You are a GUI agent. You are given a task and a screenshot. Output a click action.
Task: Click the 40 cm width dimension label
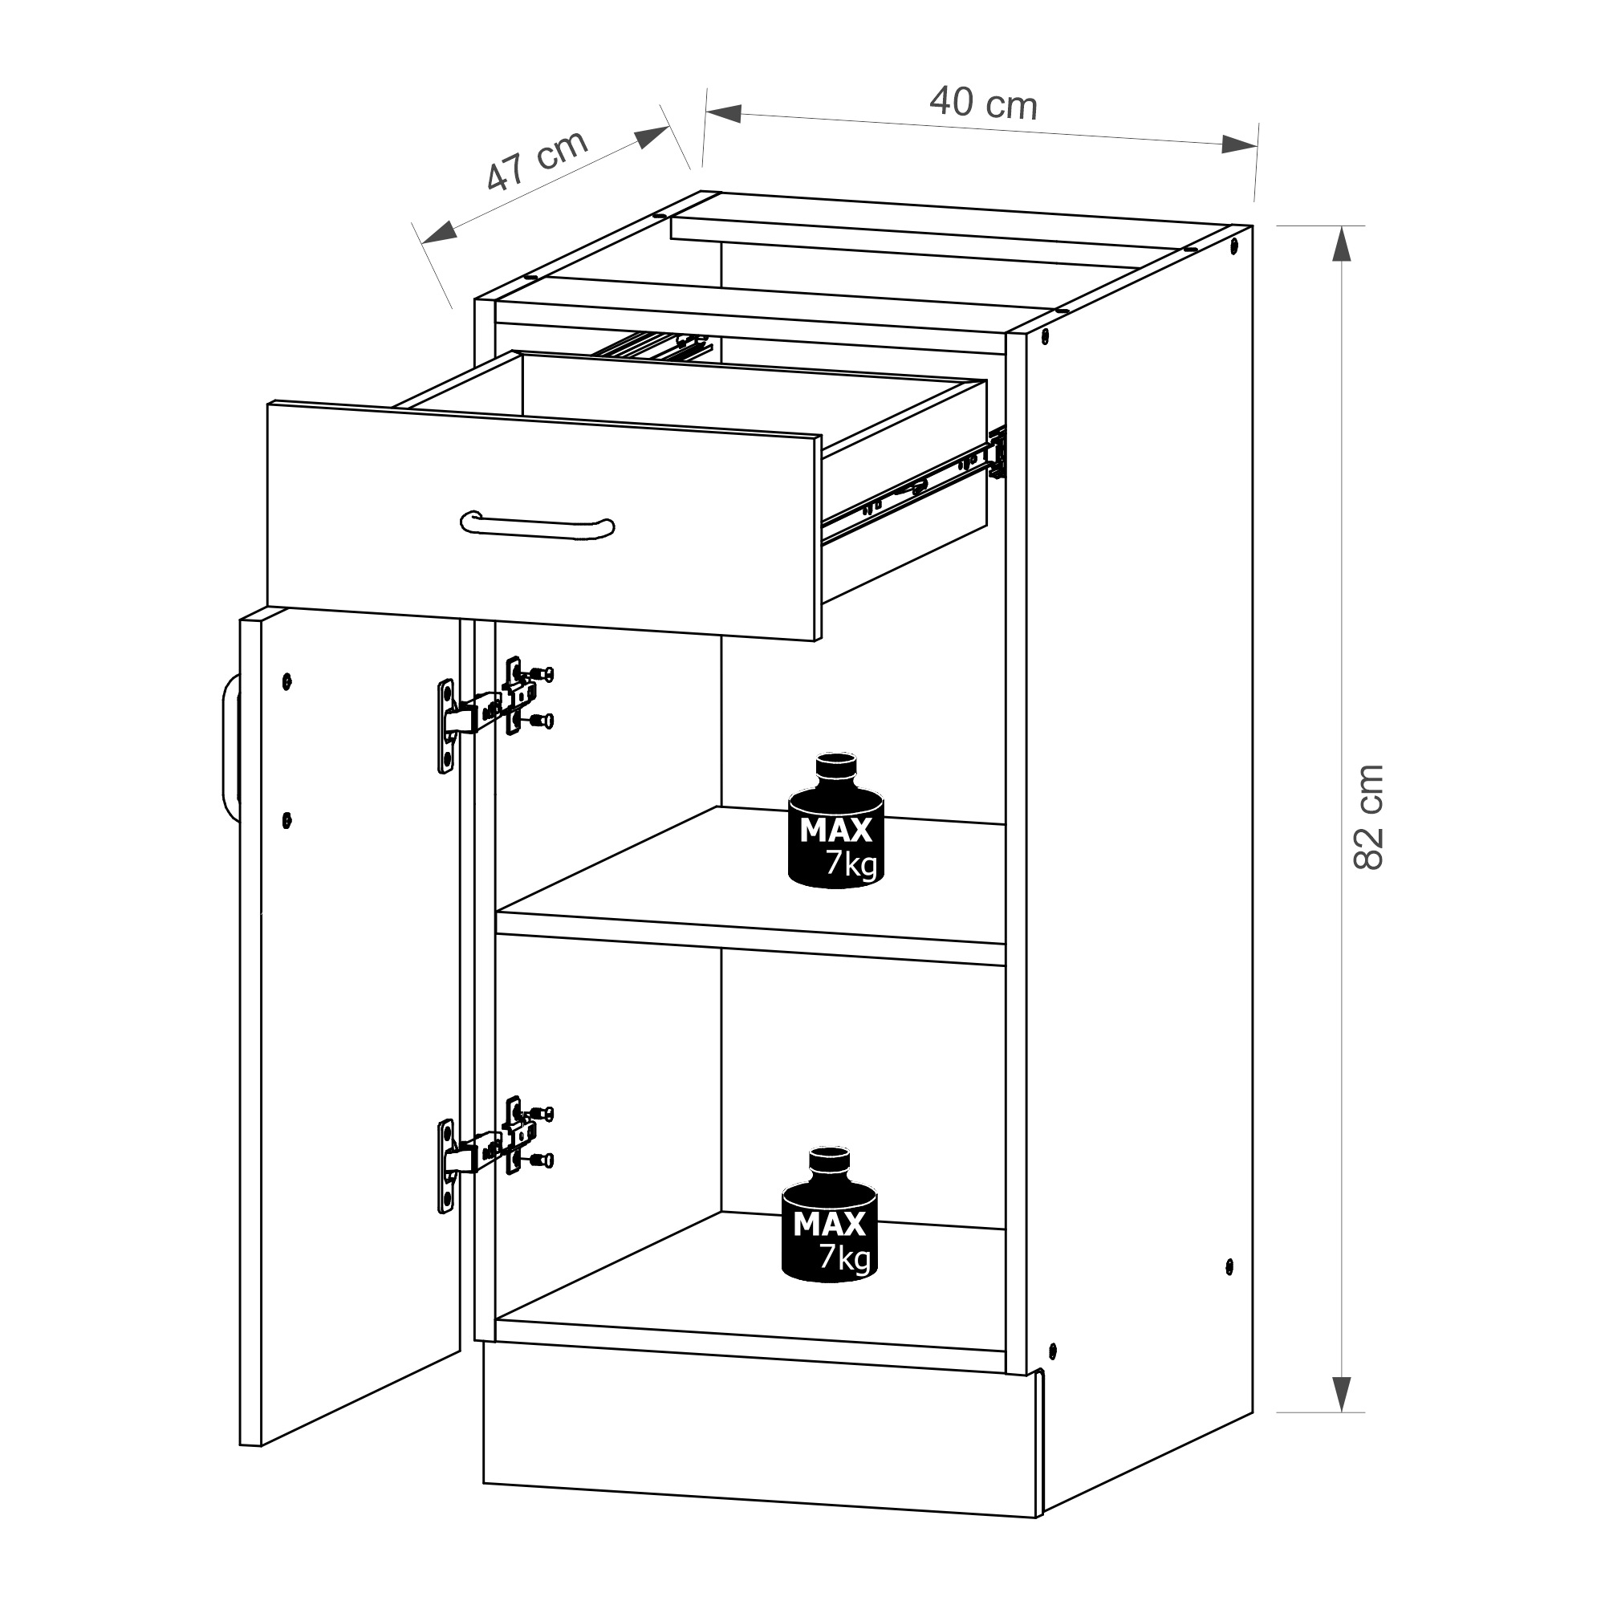click(x=983, y=103)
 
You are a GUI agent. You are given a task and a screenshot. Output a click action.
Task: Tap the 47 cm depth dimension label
click(x=537, y=162)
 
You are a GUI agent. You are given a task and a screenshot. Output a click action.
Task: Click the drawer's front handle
click(x=538, y=525)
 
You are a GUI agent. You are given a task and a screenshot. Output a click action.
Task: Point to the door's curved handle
click(x=231, y=746)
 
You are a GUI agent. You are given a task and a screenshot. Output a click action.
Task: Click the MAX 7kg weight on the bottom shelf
click(x=829, y=1213)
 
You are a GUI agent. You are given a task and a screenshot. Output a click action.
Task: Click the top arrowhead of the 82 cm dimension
click(x=1341, y=244)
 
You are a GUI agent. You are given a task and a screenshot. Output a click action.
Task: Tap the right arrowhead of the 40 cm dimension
click(x=1238, y=144)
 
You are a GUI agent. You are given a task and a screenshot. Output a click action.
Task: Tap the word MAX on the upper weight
click(x=835, y=830)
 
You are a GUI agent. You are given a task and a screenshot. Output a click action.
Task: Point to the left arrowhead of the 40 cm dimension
click(x=723, y=114)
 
